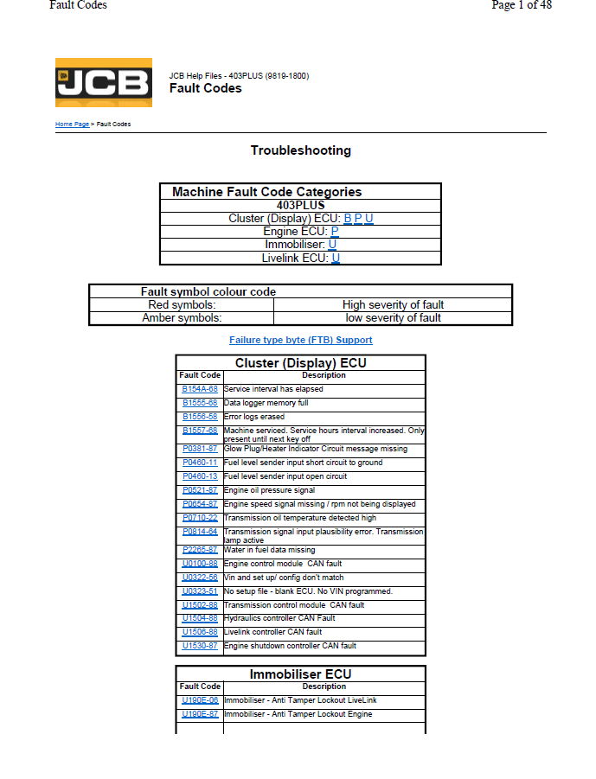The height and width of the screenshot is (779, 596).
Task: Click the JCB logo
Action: click(103, 82)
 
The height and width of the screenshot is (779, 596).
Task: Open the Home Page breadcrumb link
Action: click(72, 125)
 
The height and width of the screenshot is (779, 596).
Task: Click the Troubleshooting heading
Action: click(300, 150)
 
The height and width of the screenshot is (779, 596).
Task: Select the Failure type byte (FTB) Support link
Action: click(300, 340)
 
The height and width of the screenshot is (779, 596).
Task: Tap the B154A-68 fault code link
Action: click(200, 390)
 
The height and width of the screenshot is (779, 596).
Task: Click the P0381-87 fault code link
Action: click(200, 450)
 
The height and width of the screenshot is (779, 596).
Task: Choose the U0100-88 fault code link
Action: click(200, 564)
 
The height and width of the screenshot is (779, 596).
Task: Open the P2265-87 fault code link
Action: click(200, 550)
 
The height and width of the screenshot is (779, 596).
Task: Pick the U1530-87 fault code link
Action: click(200, 646)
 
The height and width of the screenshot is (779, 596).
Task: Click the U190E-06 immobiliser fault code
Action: click(200, 700)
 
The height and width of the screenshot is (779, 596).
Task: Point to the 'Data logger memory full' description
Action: click(266, 404)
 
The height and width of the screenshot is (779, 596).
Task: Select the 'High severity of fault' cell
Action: click(393, 305)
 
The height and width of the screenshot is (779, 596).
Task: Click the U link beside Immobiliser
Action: click(332, 245)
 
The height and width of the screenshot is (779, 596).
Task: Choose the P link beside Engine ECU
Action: click(335, 232)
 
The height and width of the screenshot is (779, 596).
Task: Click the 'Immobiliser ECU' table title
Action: click(300, 674)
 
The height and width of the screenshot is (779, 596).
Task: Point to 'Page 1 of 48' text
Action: click(522, 5)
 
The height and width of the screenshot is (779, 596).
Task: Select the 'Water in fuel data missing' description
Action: click(269, 550)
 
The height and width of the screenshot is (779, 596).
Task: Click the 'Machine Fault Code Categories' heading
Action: click(266, 192)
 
